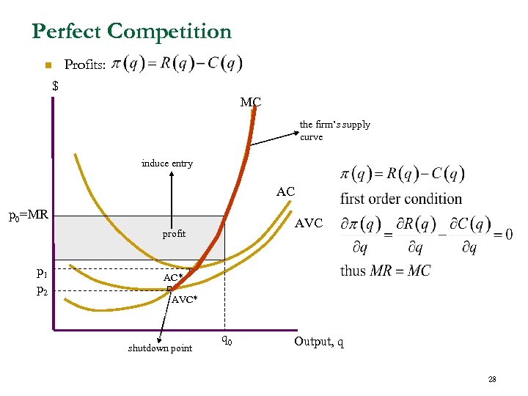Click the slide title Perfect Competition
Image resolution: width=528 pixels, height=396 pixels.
click(x=132, y=32)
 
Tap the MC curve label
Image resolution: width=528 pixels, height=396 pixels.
click(x=250, y=102)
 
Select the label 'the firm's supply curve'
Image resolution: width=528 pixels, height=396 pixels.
click(x=334, y=131)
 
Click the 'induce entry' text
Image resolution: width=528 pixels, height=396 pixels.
click(x=167, y=164)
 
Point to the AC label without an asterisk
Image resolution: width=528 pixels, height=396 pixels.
click(x=285, y=192)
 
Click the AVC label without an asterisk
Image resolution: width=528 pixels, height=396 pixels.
click(x=308, y=223)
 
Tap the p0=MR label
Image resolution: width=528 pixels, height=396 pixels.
click(x=28, y=216)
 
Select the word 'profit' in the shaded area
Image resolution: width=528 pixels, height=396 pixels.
click(x=174, y=234)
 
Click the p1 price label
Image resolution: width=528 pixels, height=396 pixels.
click(x=42, y=274)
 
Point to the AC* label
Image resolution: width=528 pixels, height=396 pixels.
click(x=173, y=278)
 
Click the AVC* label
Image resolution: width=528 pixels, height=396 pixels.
click(x=183, y=299)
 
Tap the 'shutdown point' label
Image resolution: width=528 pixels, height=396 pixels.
click(x=160, y=348)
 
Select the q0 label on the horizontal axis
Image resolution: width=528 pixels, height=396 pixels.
click(x=227, y=340)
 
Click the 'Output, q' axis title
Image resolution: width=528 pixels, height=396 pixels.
click(x=319, y=342)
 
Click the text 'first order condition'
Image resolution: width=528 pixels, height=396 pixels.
click(x=401, y=199)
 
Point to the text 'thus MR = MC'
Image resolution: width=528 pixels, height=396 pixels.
click(x=385, y=271)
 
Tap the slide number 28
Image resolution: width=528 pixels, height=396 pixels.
click(x=492, y=379)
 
